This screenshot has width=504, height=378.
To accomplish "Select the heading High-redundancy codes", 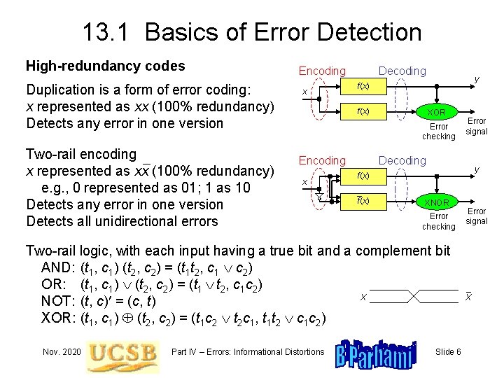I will click(x=105, y=66).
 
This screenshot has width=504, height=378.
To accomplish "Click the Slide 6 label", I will click(x=448, y=351).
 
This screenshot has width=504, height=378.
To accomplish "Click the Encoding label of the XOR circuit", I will click(x=322, y=71).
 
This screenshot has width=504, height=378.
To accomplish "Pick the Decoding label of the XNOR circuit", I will click(x=402, y=160).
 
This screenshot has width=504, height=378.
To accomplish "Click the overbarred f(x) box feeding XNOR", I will click(x=363, y=201).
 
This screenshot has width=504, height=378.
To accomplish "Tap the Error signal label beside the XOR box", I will click(x=477, y=127).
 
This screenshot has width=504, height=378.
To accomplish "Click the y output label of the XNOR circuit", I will click(x=476, y=170).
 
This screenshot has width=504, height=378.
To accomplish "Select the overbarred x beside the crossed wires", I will click(x=468, y=297).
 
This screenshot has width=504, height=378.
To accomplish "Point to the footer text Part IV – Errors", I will click(x=248, y=351).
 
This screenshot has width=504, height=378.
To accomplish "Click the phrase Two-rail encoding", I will click(x=80, y=154).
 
